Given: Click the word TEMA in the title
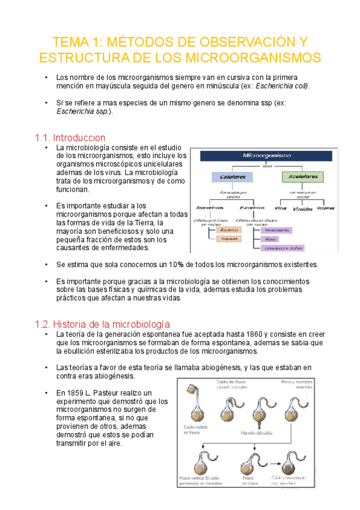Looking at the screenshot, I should (x=71, y=42).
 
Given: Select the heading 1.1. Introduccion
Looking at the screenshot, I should (x=70, y=138).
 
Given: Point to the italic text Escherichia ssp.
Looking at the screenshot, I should (x=84, y=111).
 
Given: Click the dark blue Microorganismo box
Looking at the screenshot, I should (x=265, y=155).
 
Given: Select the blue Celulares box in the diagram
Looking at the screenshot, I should (x=231, y=177).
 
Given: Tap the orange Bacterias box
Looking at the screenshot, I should (x=229, y=230).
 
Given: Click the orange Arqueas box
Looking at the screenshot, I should (x=229, y=239).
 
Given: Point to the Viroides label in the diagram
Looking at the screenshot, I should (x=302, y=209).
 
